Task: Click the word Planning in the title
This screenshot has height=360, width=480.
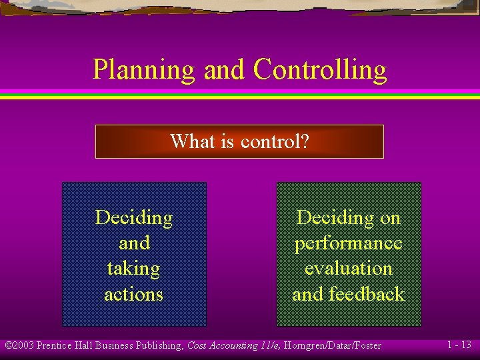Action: tap(143, 70)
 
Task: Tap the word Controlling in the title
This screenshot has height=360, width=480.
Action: tap(320, 70)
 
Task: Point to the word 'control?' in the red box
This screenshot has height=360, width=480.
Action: tap(275, 141)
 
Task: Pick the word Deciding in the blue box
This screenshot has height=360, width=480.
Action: tap(134, 217)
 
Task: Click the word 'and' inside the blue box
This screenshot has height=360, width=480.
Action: tap(134, 243)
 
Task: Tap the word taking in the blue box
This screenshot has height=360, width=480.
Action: tap(134, 269)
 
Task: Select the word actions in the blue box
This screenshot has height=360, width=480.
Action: tap(134, 294)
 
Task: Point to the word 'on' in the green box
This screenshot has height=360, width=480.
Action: tap(390, 217)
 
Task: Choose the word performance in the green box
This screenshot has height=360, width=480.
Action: tap(349, 243)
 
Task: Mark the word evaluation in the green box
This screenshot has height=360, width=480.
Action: tap(349, 268)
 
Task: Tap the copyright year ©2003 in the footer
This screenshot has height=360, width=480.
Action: tap(19, 345)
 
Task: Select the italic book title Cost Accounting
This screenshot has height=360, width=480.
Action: tap(222, 345)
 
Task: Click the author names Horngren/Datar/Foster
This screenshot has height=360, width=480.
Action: tap(332, 345)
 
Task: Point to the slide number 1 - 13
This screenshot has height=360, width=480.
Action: tap(459, 345)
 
